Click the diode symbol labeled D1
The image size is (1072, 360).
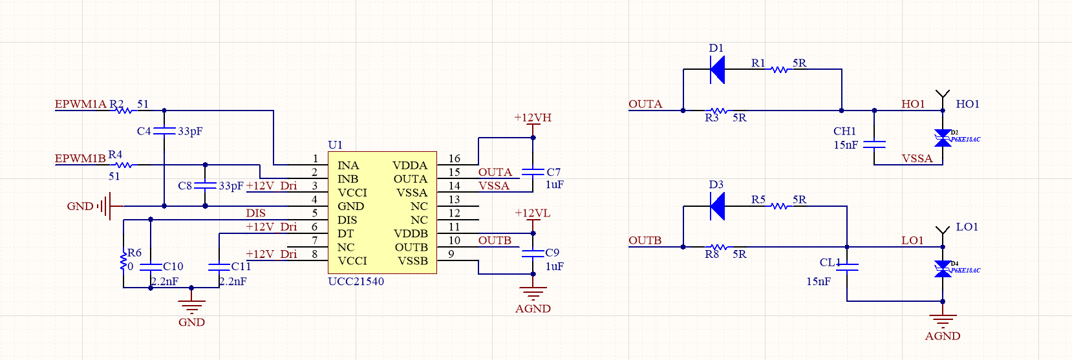pos(717,70)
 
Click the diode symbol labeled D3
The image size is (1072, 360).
pos(717,207)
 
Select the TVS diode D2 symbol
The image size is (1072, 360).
pos(943,138)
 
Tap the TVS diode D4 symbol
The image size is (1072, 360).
pos(943,269)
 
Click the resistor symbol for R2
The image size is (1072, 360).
pos(123,111)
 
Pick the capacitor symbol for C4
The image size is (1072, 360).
pos(164,131)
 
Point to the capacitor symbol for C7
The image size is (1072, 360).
pos(533,172)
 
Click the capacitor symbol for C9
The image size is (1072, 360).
pos(533,253)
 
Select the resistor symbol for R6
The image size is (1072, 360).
pos(123,261)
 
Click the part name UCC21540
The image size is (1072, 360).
pos(356,282)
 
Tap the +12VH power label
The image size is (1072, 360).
pos(533,118)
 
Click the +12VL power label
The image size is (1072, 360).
pos(533,213)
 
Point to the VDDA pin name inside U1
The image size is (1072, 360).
pos(410,165)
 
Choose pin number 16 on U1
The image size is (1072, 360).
pos(455,159)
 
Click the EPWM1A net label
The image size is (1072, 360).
pos(80,104)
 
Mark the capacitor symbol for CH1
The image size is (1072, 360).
pos(874,144)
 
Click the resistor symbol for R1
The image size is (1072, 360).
pos(780,69)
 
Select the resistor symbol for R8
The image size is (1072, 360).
pos(717,247)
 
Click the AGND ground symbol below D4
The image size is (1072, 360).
pos(943,321)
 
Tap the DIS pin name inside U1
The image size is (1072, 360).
pos(347,220)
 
